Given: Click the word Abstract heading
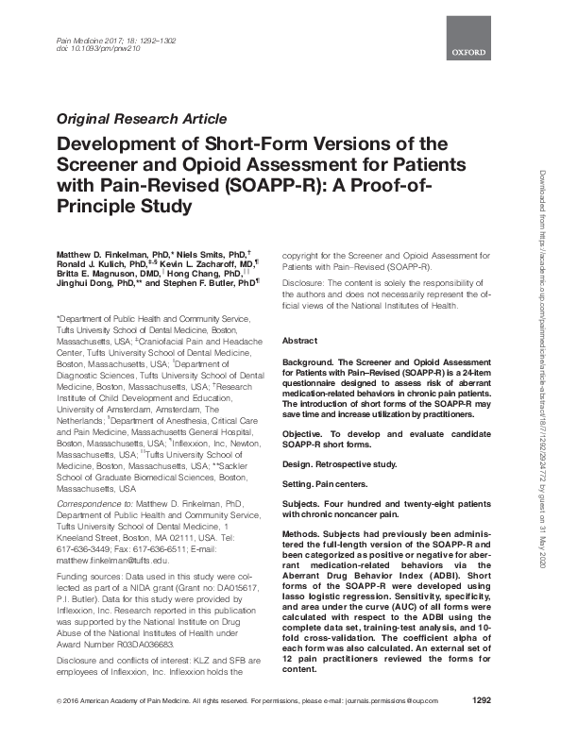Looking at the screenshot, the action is [299, 340].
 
